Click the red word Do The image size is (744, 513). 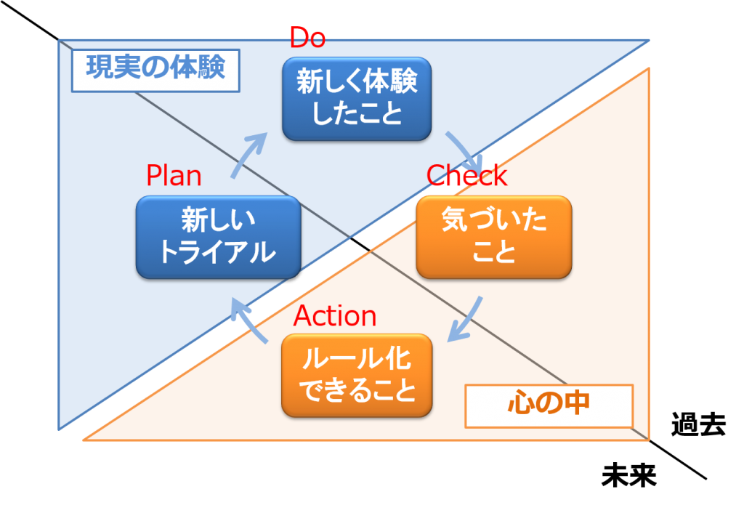[x=307, y=38]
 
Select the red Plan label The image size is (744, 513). [x=174, y=177]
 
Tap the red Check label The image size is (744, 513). [x=466, y=176]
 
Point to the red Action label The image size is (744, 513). [x=335, y=316]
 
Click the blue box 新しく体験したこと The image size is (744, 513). [x=357, y=99]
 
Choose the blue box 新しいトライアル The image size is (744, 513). [x=218, y=236]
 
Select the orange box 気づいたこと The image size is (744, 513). [x=494, y=236]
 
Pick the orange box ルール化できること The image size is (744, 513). [x=357, y=375]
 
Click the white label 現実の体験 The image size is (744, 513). [x=155, y=68]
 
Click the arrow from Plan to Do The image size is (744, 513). [x=247, y=155]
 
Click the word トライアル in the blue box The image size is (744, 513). [x=218, y=252]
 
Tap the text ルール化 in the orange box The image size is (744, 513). [x=357, y=360]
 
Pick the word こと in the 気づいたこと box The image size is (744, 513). [x=494, y=252]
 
